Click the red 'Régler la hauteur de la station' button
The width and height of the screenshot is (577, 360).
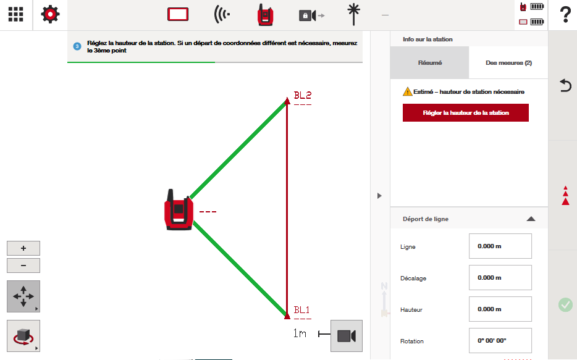[466, 112]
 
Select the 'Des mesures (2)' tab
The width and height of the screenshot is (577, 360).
[508, 62]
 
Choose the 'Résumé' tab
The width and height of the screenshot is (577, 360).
[430, 62]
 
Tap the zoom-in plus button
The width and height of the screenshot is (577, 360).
[23, 248]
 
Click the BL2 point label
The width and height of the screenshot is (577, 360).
[303, 95]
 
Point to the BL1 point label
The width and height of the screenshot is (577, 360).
[301, 310]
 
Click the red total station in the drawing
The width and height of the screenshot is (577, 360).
[179, 210]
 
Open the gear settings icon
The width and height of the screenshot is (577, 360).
[51, 15]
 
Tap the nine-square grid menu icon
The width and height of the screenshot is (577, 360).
[16, 14]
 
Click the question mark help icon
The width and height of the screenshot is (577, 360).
[566, 15]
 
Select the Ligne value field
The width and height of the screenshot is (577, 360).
[500, 246]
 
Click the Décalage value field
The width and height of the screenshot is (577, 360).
[500, 278]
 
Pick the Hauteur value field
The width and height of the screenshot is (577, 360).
[500, 309]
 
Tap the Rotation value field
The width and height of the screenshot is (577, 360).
[500, 341]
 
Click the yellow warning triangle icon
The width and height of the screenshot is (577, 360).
[407, 91]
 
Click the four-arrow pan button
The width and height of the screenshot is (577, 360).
[23, 296]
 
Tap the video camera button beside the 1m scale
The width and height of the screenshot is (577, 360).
[347, 336]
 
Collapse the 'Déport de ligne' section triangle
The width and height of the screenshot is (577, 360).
[531, 219]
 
